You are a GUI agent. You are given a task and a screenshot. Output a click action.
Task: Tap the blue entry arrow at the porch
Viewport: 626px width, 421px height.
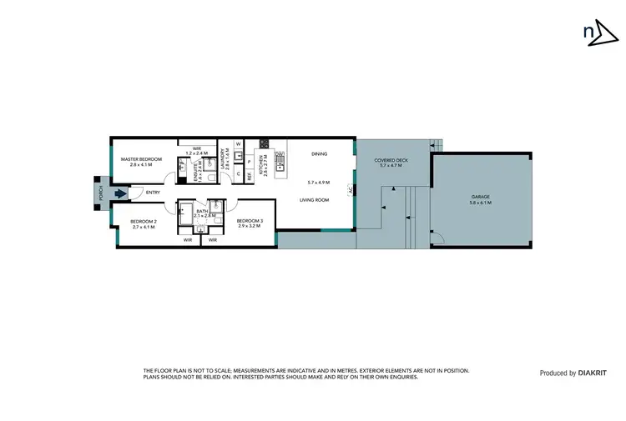click(x=121, y=193)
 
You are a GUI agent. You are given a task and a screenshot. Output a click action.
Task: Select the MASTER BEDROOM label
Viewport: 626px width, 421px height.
click(x=140, y=159)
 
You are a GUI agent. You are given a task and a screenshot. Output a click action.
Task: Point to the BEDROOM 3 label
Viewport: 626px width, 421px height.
click(x=249, y=220)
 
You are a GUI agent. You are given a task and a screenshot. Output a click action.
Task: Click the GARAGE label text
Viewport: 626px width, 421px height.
click(x=480, y=197)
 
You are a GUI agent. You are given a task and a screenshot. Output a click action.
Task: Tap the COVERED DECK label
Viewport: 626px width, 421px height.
click(x=390, y=160)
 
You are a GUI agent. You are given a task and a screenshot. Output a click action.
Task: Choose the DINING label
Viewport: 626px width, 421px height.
click(x=319, y=154)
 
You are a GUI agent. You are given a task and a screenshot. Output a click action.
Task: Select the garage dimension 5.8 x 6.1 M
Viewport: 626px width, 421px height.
click(x=480, y=203)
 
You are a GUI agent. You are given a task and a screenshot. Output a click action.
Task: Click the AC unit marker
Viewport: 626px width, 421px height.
click(x=351, y=190)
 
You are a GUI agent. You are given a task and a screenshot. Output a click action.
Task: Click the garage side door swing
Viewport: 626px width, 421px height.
click(x=437, y=242)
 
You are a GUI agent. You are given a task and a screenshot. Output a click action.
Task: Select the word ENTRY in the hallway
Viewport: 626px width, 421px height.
click(x=153, y=193)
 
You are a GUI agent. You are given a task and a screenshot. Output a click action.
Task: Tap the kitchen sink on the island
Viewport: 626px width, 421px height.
click(x=280, y=166)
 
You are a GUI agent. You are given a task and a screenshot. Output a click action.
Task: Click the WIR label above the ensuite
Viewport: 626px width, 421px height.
click(x=197, y=148)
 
